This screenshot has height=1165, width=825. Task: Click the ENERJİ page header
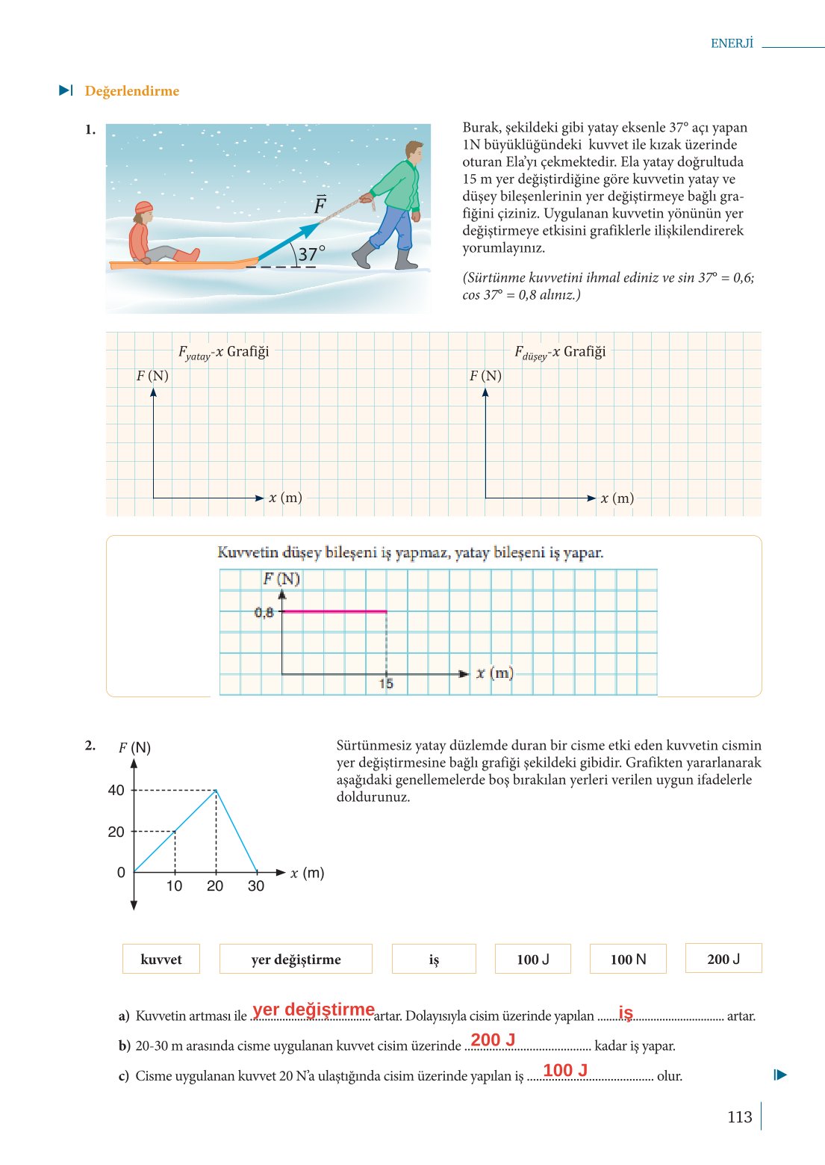pos(732,43)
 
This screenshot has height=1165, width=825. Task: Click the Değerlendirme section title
pos(132,91)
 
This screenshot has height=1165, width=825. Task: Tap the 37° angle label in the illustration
pos(311,254)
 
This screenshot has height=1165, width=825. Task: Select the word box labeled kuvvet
pos(161,959)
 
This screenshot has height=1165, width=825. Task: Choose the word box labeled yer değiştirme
pos(296,959)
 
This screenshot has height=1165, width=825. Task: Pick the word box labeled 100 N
pos(628,959)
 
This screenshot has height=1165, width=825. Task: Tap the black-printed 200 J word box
pos(723,959)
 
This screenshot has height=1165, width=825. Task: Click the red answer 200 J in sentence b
pos(493,1039)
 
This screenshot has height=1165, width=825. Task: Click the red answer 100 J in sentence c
pos(565,1070)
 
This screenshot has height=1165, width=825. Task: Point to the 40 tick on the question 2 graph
pos(116,790)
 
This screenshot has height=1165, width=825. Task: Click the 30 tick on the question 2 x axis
pos(256,886)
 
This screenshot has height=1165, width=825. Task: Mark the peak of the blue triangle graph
pos(216,790)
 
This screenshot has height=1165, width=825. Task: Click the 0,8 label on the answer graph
pos(264,613)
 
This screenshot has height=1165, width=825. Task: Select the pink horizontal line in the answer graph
pos(334,611)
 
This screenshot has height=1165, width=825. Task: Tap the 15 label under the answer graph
pos(386,684)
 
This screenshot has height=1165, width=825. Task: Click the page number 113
pos(739,1117)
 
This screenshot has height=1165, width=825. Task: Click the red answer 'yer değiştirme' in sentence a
pos(314,1010)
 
